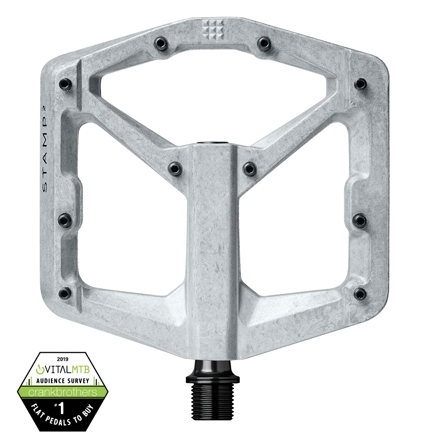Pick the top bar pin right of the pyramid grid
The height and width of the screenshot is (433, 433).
pyautogui.click(x=263, y=43)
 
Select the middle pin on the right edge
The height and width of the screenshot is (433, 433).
pyautogui.click(x=359, y=220)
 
